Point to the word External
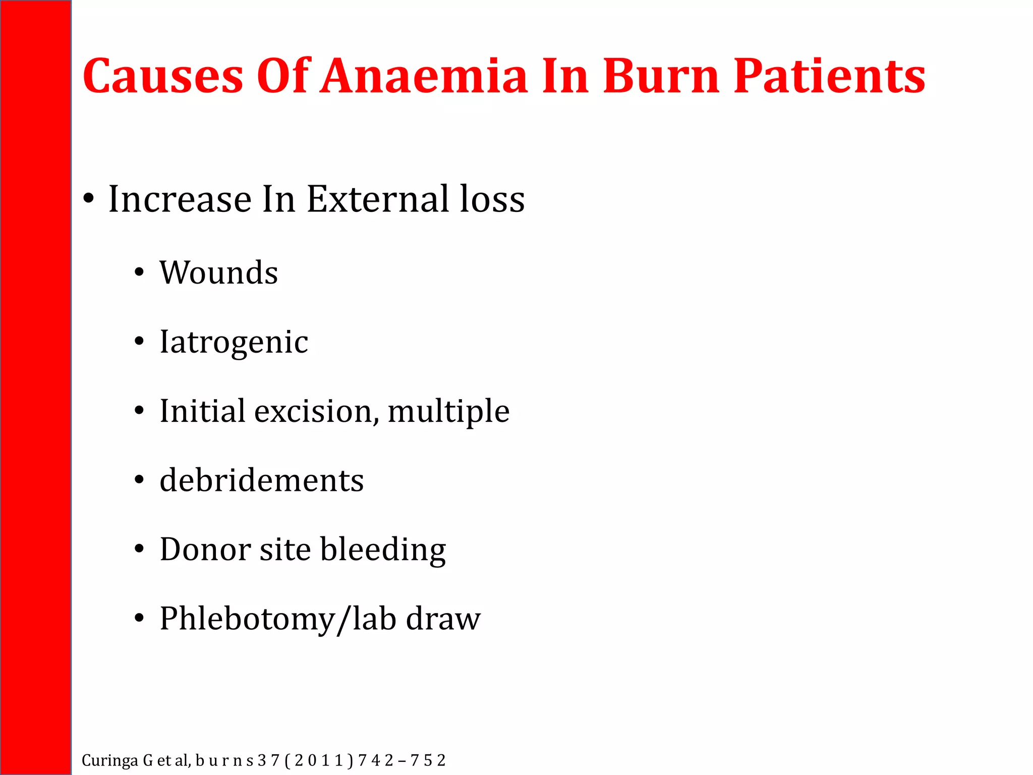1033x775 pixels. point(377,199)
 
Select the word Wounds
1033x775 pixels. point(218,273)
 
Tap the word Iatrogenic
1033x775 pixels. point(234,342)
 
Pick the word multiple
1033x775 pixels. point(448,411)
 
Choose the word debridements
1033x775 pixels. point(261,480)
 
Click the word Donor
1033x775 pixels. point(205,549)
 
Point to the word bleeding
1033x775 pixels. point(383,550)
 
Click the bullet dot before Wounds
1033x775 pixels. point(139,273)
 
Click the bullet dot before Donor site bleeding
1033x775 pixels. point(139,549)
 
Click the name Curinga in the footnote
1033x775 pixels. point(109,760)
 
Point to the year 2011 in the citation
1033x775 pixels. point(319,760)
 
